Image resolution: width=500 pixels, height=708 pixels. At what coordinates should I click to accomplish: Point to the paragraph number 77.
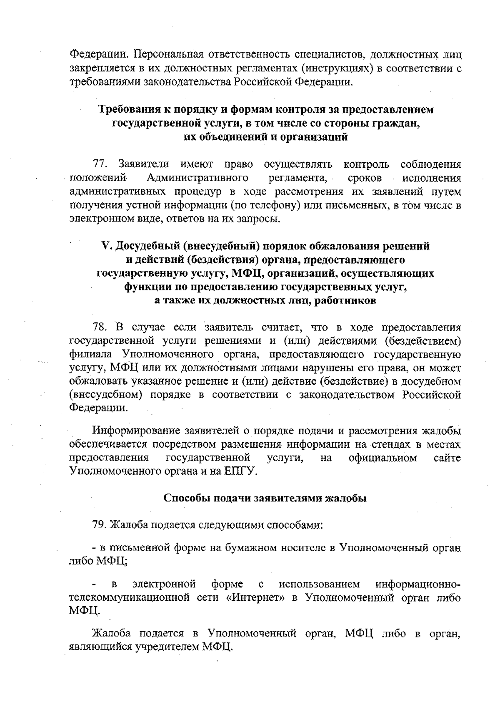100,164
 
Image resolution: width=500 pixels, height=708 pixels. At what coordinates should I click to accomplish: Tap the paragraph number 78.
100,327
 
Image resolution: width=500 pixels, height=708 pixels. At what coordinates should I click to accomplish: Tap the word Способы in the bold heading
184,498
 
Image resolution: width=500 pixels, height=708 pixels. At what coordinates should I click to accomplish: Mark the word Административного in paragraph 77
198,178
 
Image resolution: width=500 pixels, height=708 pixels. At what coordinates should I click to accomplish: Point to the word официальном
382,458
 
